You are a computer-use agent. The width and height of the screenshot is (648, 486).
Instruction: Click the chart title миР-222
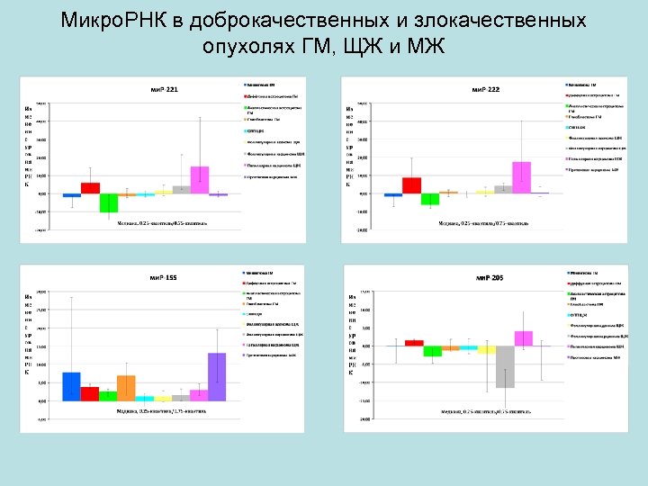(x=486, y=89)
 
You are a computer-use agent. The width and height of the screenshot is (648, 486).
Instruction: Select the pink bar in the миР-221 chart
(x=200, y=180)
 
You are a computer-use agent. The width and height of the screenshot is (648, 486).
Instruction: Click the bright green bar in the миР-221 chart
(x=109, y=202)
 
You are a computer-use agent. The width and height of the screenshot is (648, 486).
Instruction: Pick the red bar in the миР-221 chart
(x=90, y=188)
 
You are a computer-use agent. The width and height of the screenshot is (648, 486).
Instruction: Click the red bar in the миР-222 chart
(x=411, y=185)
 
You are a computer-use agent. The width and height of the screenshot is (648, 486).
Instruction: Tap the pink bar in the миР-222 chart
(x=521, y=177)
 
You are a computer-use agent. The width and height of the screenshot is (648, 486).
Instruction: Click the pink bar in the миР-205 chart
(x=524, y=338)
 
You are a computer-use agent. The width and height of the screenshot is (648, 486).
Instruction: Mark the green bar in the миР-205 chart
(x=433, y=351)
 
